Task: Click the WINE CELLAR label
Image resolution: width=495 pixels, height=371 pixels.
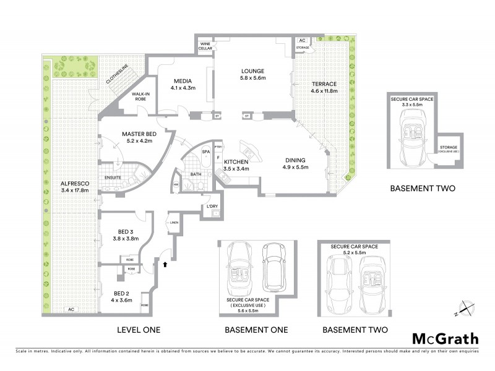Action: pyautogui.click(x=206, y=47)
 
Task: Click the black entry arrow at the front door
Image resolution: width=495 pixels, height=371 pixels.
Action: pyautogui.click(x=165, y=265)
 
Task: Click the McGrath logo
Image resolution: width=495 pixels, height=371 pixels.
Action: pyautogui.click(x=445, y=338)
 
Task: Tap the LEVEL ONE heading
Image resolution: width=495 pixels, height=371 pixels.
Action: pyautogui.click(x=139, y=330)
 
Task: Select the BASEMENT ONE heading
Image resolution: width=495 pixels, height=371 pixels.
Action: pyautogui.click(x=256, y=330)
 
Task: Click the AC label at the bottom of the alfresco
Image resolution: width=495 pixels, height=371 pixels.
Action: pyautogui.click(x=71, y=309)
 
